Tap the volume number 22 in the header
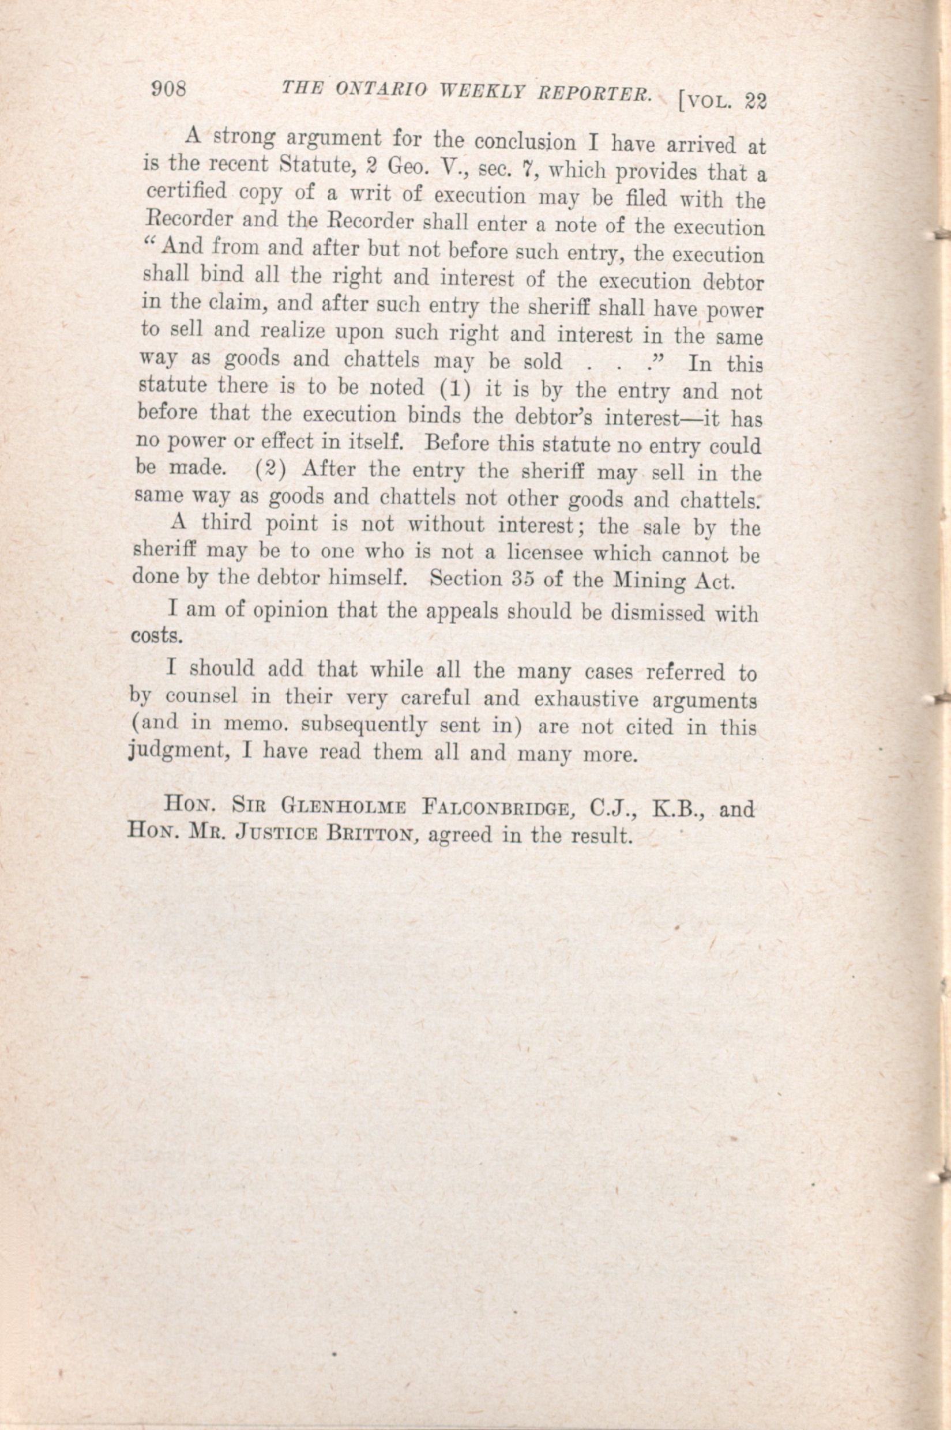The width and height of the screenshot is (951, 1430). click(x=754, y=100)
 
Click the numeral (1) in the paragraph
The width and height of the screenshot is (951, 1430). click(x=448, y=388)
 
